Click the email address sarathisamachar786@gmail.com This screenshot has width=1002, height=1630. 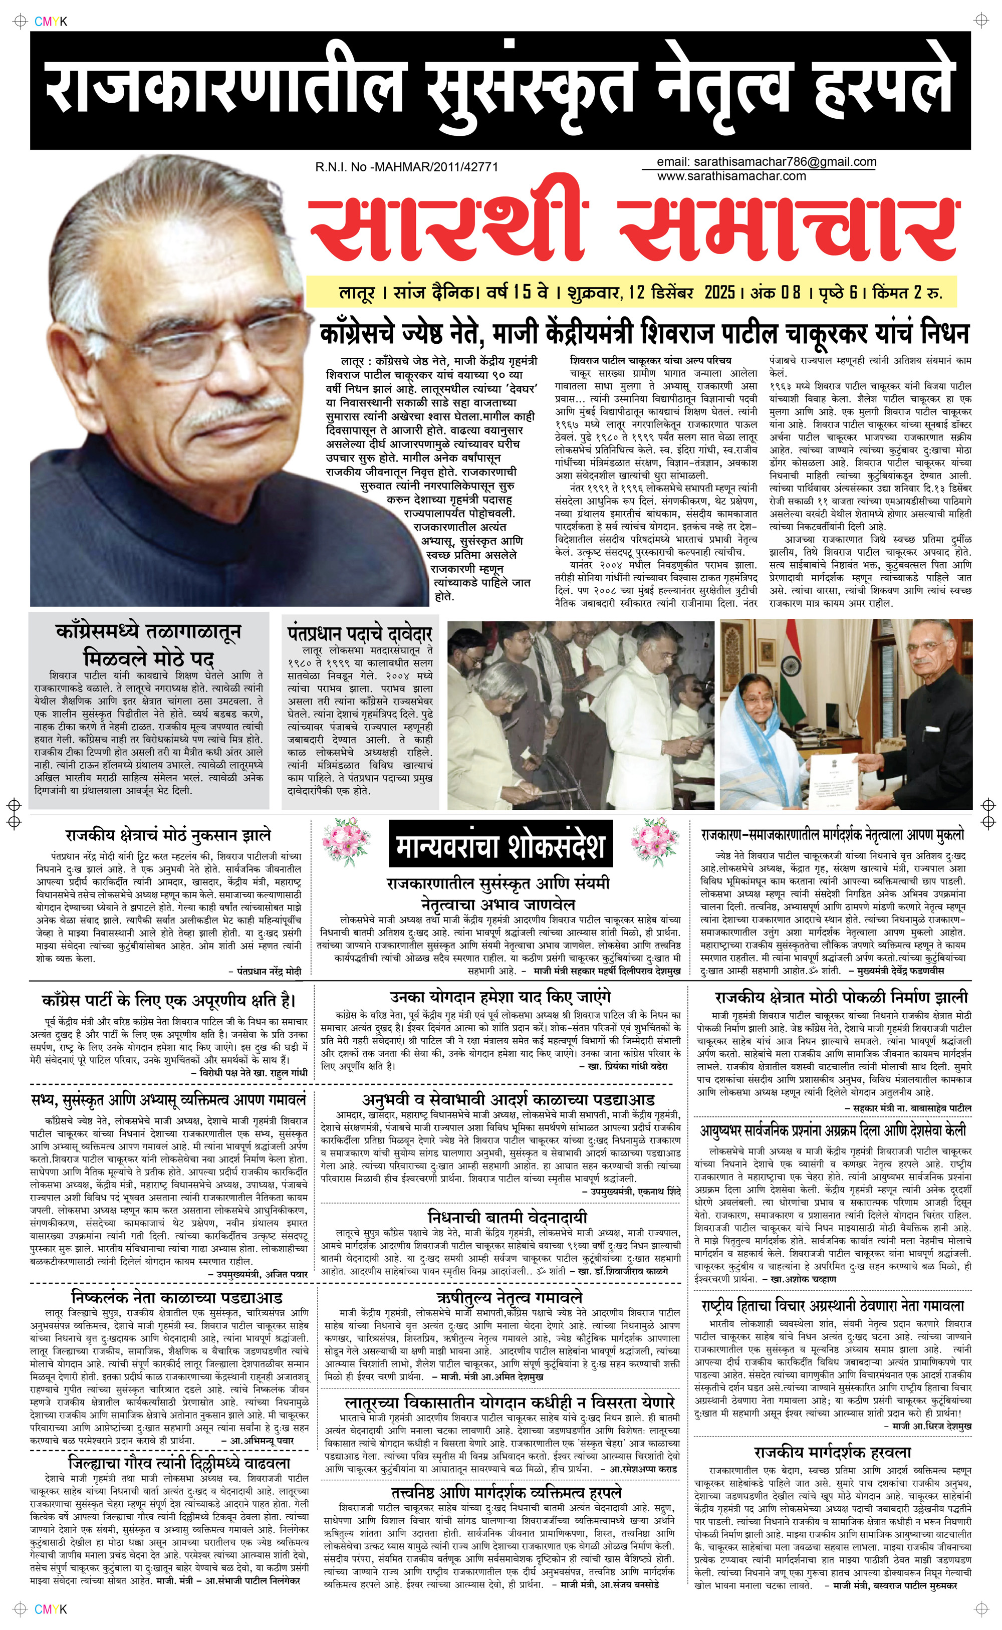pos(766,162)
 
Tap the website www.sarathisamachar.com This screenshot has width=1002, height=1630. pos(731,176)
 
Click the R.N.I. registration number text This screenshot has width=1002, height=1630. pos(406,167)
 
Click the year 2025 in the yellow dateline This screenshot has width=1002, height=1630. pos(719,292)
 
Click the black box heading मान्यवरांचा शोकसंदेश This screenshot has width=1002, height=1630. pos(500,846)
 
